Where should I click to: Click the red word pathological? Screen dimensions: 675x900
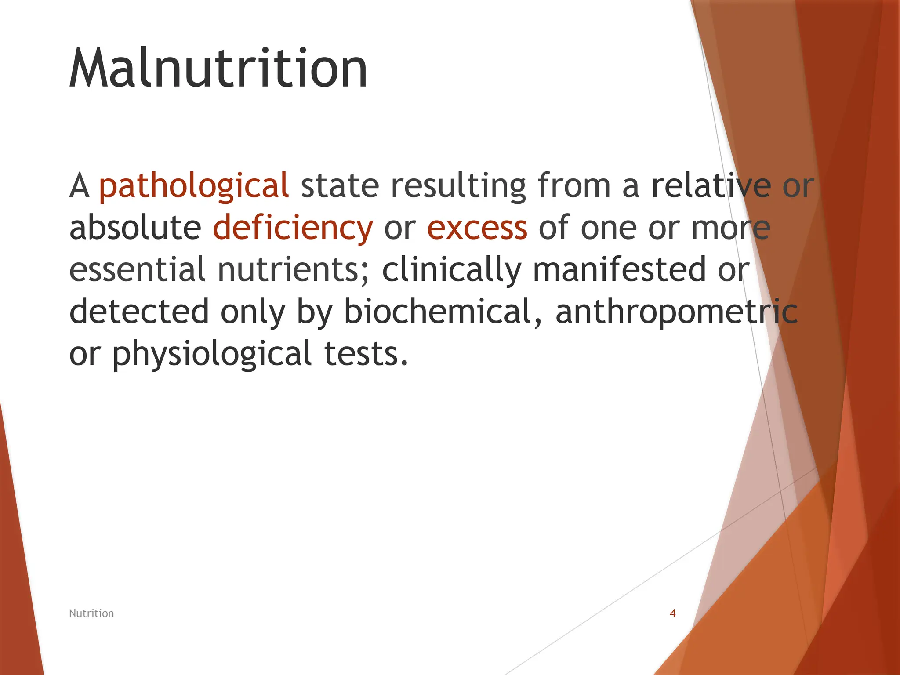pos(194,186)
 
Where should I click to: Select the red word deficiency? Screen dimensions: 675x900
pos(293,228)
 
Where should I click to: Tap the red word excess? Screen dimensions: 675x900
pos(477,228)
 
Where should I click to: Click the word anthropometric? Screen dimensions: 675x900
pos(676,312)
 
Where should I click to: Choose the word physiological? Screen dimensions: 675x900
pos(212,354)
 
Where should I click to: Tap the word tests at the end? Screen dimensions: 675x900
pos(366,354)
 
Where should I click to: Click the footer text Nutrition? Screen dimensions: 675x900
pos(91,613)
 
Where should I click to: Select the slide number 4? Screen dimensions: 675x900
pos(672,613)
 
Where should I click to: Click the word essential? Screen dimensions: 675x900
pos(138,269)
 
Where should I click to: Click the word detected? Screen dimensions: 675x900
pos(139,312)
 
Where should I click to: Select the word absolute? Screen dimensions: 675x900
pos(135,228)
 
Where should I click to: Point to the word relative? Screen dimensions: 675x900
pos(711,186)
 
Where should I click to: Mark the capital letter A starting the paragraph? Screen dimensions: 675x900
pos(79,186)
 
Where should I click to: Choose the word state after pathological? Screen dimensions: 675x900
pos(340,186)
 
